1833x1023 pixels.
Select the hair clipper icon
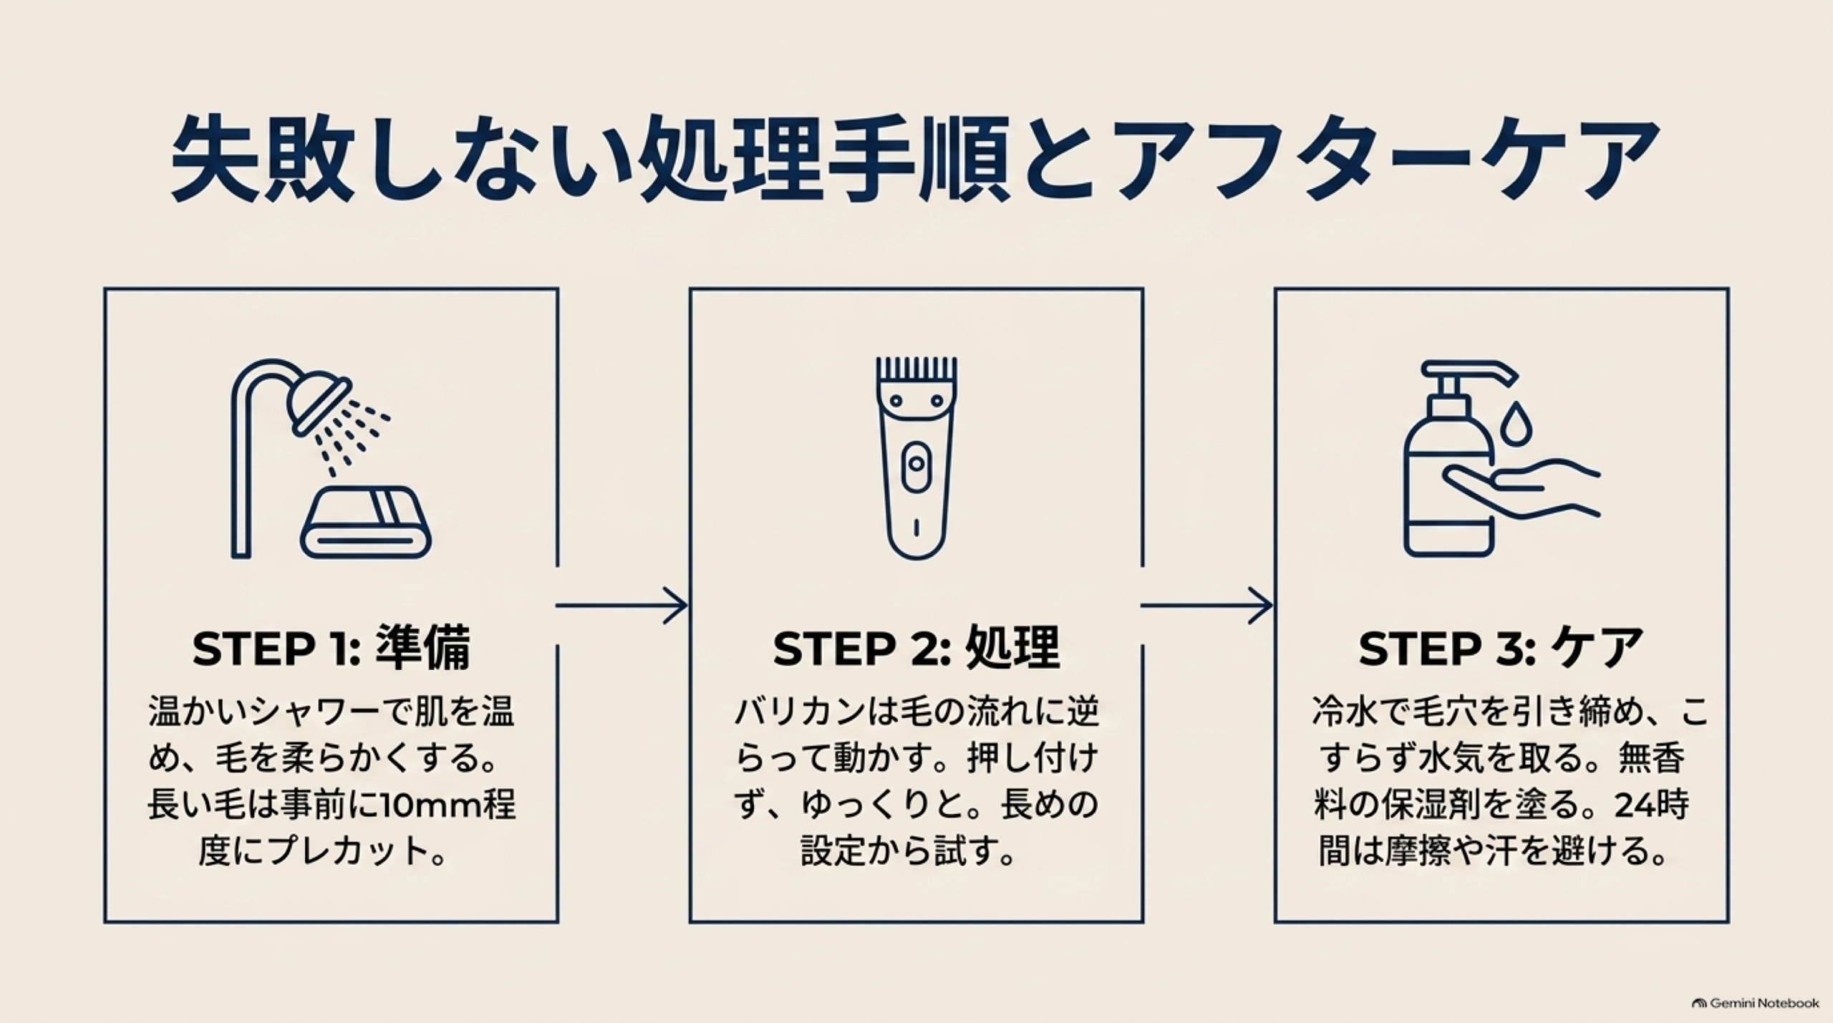916,458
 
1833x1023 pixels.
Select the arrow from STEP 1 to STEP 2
621,606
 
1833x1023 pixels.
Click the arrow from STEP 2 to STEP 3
1206,606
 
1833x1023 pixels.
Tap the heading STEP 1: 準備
332,649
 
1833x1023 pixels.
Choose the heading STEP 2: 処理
916,649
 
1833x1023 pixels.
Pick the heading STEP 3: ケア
1501,649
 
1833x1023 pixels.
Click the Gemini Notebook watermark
1755,1003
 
